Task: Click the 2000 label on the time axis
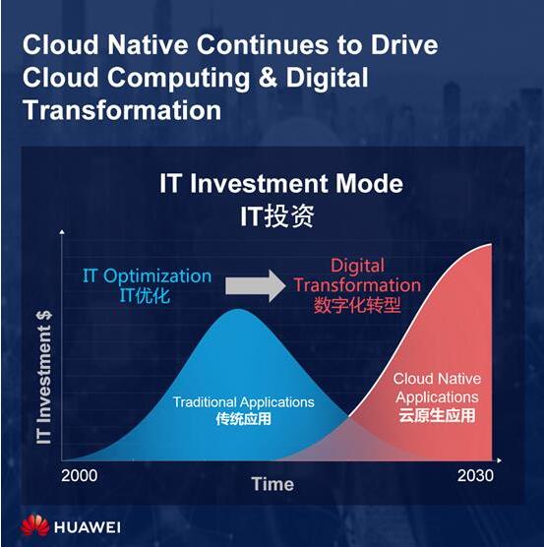coord(79,475)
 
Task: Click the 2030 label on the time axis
coord(475,475)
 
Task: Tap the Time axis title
coord(272,484)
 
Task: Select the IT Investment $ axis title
coord(44,378)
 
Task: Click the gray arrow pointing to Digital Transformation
coord(255,286)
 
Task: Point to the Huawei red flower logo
coord(34,525)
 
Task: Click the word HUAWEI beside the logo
coord(88,527)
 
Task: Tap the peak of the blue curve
coord(238,309)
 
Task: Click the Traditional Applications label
coord(243,402)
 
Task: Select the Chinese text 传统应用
coord(243,419)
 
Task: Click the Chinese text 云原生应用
coord(437,415)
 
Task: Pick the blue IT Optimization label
coord(147,275)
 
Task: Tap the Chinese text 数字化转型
coord(357,305)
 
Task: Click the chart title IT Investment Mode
coord(281,184)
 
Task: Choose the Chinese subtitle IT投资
coord(277,215)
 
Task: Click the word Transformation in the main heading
coord(122,110)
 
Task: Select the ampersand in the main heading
coord(268,77)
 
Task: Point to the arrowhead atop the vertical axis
coord(62,231)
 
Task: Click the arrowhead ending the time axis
coord(500,460)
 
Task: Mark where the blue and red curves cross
coord(348,416)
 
